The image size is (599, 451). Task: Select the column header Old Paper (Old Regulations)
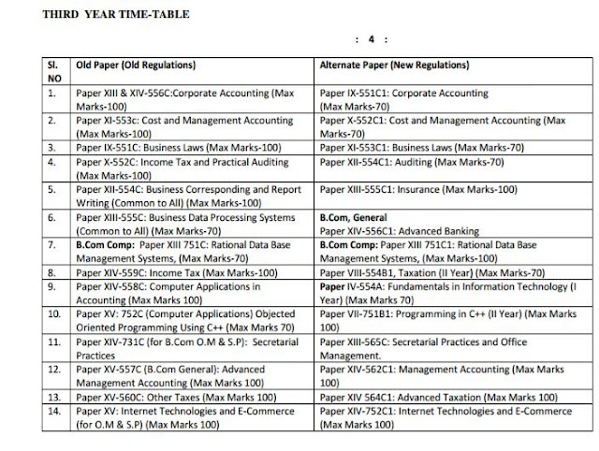[136, 65]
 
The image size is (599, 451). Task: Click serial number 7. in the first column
[53, 245]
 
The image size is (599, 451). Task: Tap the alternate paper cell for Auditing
[412, 161]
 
